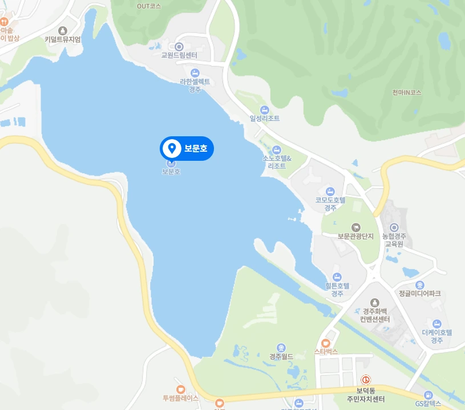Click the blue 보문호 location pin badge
click(x=187, y=149)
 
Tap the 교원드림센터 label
click(x=179, y=56)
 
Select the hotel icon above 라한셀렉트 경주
click(x=195, y=72)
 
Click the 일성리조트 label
click(x=265, y=119)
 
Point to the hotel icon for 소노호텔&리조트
click(x=277, y=149)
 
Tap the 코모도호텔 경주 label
click(x=331, y=204)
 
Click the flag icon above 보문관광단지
click(x=356, y=228)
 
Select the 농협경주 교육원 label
click(x=394, y=240)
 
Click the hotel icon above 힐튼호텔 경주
click(x=337, y=277)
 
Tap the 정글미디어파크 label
click(x=420, y=294)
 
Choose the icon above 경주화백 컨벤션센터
click(x=375, y=302)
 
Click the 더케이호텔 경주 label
click(x=437, y=336)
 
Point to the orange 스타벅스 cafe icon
click(x=326, y=343)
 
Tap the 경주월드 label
click(x=281, y=357)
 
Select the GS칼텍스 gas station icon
click(x=428, y=395)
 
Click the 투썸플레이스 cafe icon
click(x=181, y=388)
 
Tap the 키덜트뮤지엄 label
click(x=63, y=39)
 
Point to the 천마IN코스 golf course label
click(x=407, y=92)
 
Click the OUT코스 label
click(x=149, y=6)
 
